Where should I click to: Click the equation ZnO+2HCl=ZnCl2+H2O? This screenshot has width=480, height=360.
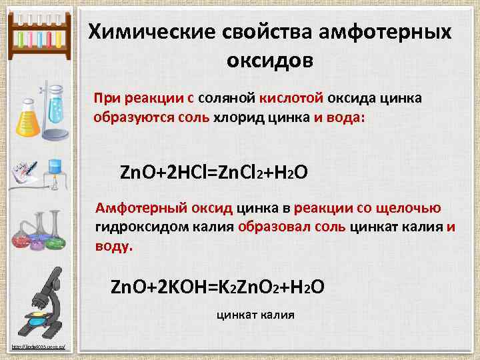pos(213,171)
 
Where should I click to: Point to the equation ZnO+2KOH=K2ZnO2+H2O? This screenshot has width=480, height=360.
pos(217,287)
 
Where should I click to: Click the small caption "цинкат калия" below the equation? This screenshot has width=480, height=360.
pos(255,315)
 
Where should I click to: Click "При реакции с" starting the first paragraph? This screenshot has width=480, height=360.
pos(143,99)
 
